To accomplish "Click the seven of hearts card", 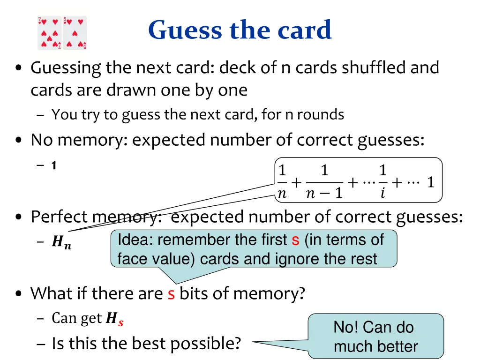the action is pyautogui.click(x=50, y=33).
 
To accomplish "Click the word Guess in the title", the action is pyautogui.click(x=179, y=30).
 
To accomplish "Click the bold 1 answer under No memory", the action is pyautogui.click(x=54, y=165).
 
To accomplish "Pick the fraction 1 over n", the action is pyautogui.click(x=282, y=182).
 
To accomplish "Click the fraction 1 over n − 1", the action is pyautogui.click(x=324, y=182).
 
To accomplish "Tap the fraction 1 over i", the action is pyautogui.click(x=382, y=182).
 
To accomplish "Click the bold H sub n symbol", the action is pyautogui.click(x=61, y=242).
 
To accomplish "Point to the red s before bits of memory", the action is pyautogui.click(x=171, y=294).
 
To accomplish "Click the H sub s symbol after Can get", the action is pyautogui.click(x=114, y=320).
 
